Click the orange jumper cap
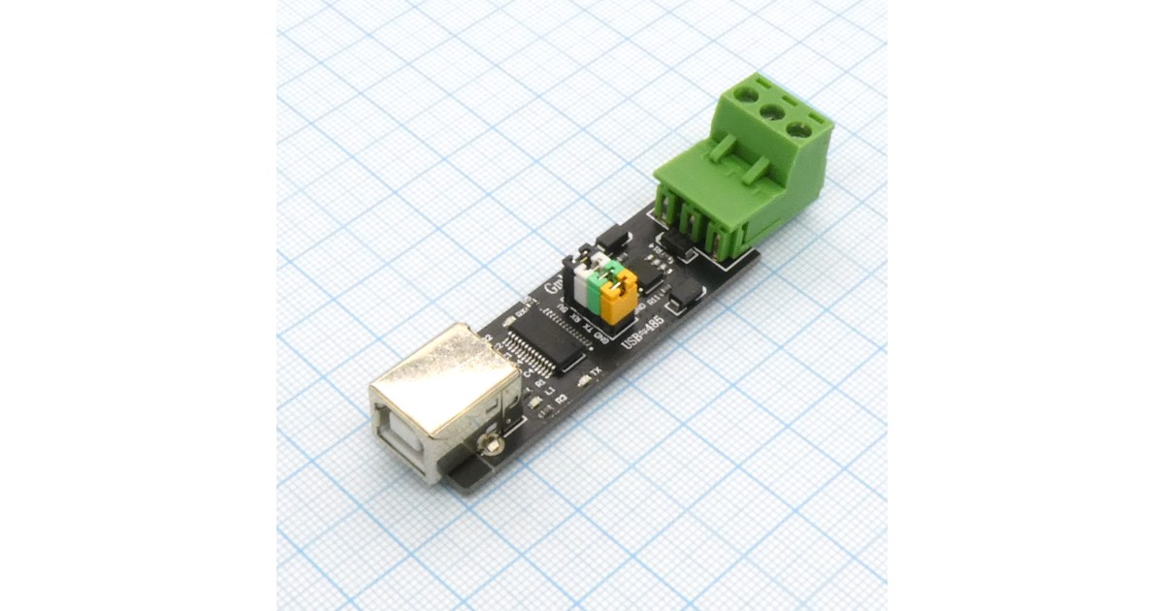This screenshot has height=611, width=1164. pyautogui.click(x=617, y=297)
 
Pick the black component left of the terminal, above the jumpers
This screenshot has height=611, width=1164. pyautogui.click(x=611, y=238)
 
